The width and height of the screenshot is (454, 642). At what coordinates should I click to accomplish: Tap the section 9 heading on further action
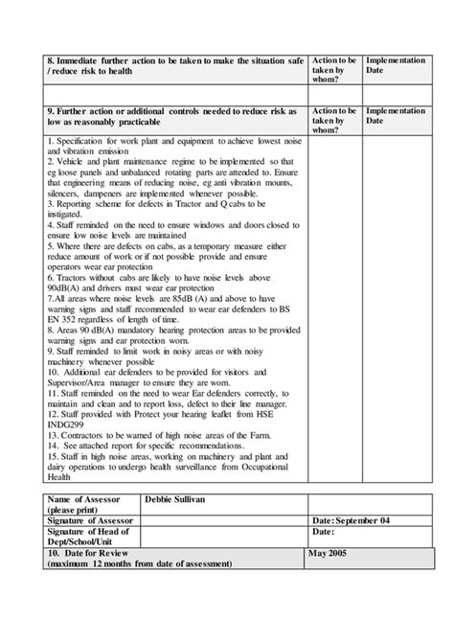click(172, 118)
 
